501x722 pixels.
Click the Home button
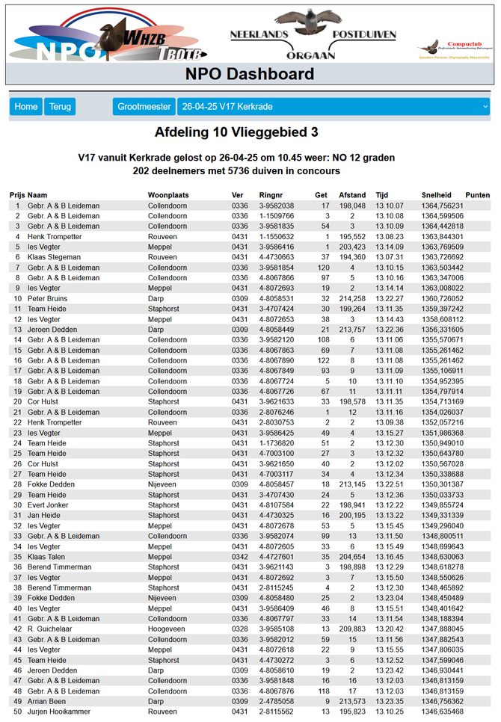click(x=25, y=107)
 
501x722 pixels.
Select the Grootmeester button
click(x=144, y=107)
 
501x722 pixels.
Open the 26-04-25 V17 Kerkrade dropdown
click(x=334, y=107)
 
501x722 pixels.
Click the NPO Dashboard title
click(x=250, y=74)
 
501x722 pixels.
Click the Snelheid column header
click(x=436, y=195)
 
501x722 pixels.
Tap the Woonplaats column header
click(x=168, y=195)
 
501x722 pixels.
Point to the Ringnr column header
click(x=271, y=195)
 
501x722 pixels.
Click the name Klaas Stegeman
click(x=54, y=257)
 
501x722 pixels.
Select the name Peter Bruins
click(x=48, y=298)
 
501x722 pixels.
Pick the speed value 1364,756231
click(x=443, y=206)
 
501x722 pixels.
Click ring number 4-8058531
click(x=277, y=298)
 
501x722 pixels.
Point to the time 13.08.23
click(x=389, y=236)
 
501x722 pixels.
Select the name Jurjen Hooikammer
click(x=59, y=712)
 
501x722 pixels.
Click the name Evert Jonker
click(x=48, y=505)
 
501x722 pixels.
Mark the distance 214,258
click(x=352, y=298)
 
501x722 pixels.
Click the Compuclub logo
click(x=455, y=49)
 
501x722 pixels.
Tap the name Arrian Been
click(x=48, y=702)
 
